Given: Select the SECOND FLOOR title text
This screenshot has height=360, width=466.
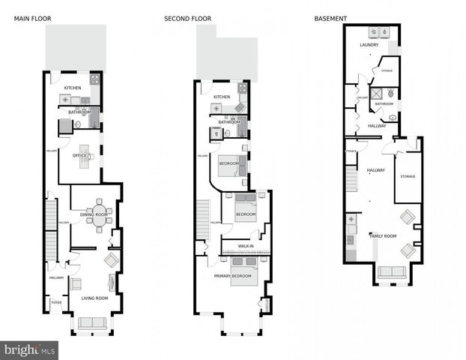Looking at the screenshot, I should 187,18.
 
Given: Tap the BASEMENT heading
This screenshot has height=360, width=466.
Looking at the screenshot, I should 330,18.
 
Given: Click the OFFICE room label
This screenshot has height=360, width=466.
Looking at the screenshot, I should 79,156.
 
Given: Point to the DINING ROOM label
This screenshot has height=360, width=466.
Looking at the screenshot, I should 94,215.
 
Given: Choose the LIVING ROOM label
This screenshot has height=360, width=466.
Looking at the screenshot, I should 94,298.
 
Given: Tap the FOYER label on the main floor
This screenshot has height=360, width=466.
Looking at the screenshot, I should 55,303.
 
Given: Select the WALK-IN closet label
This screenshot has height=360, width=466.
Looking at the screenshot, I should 246,246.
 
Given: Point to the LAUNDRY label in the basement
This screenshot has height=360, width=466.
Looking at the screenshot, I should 369,45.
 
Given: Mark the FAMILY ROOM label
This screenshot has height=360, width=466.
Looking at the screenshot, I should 382,236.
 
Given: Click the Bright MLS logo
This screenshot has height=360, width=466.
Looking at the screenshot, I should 30,349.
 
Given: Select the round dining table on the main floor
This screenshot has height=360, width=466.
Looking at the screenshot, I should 99,215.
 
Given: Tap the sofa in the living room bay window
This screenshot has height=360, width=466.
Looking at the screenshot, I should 92,323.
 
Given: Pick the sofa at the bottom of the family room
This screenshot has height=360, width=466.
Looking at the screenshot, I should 390,272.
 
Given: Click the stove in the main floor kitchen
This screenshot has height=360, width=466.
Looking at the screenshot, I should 95,78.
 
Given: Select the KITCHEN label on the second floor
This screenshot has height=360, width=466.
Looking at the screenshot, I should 222,97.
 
